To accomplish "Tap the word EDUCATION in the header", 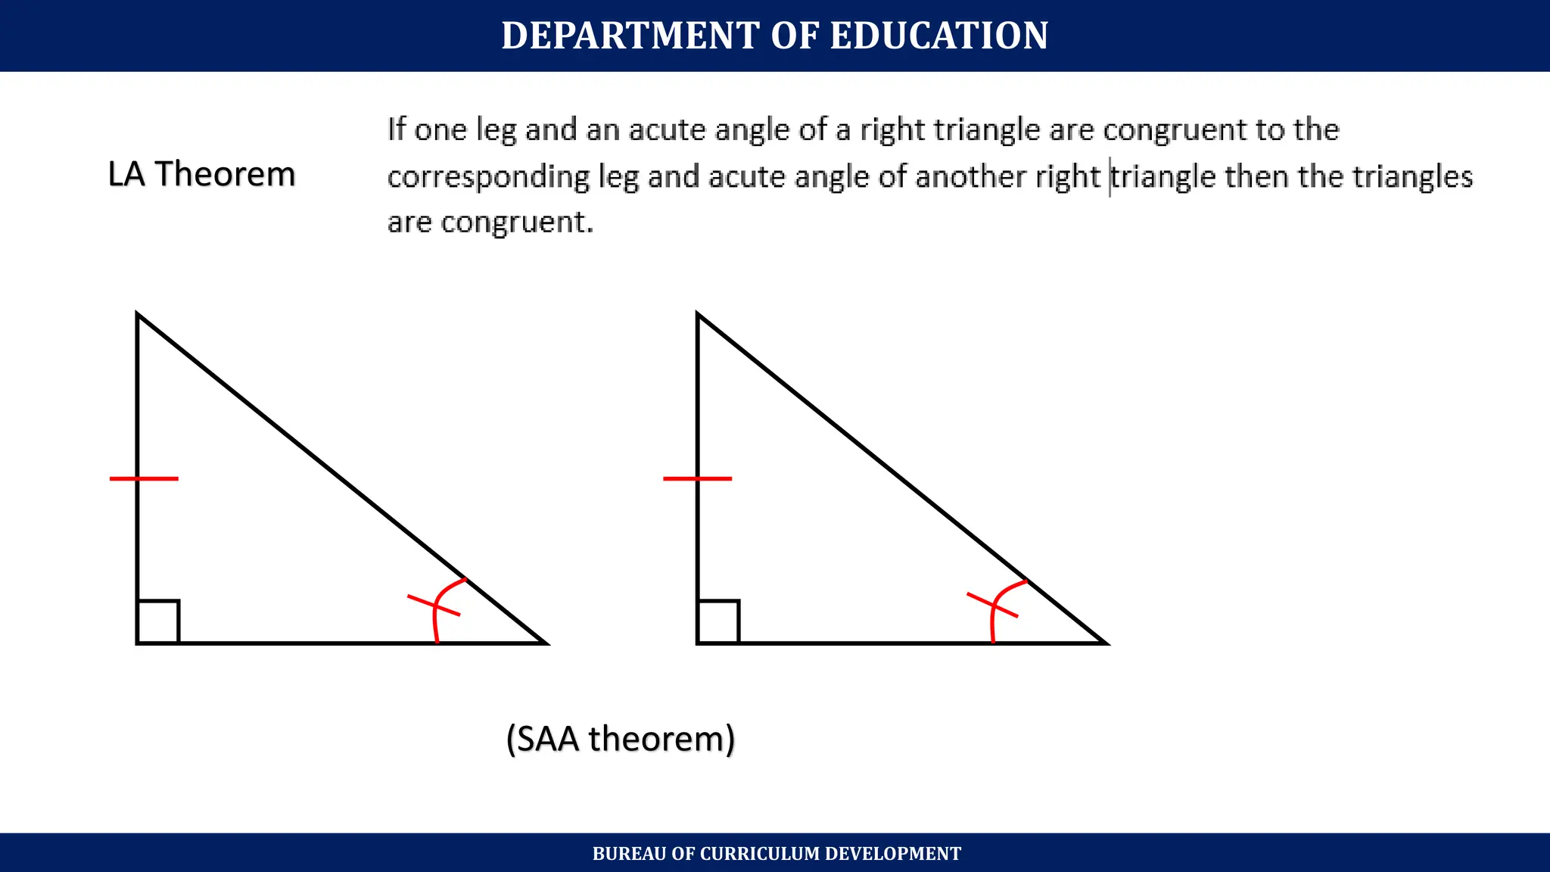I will [939, 36].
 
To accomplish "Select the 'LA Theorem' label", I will [201, 174].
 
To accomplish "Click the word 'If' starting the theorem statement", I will [397, 129].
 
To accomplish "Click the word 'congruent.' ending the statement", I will [517, 223].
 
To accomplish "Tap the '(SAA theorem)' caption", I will [621, 739].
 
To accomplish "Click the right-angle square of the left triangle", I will [158, 621].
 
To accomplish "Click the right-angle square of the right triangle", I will [718, 621].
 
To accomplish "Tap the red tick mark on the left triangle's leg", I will [144, 478].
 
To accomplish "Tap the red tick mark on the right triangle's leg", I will [697, 478].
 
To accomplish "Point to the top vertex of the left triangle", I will [138, 314].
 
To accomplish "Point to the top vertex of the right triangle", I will [698, 314].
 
